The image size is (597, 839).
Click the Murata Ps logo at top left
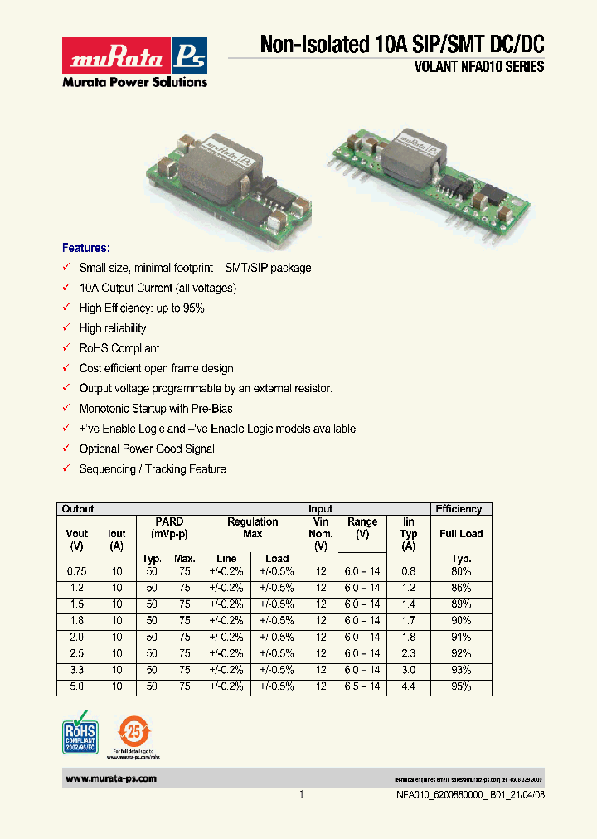point(134,61)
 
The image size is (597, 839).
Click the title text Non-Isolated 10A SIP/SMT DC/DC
point(402,45)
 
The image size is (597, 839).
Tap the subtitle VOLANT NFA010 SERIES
point(478,68)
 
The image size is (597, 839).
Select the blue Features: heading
point(86,248)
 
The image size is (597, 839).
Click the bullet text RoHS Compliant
point(119,348)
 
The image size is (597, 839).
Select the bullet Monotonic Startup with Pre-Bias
point(156,409)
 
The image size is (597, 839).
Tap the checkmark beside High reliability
point(66,328)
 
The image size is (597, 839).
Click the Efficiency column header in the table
point(459,509)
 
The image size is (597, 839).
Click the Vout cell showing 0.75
point(76,572)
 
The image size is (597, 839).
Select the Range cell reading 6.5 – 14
point(362,686)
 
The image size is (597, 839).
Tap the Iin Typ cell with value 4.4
point(409,686)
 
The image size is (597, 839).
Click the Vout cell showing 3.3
point(76,670)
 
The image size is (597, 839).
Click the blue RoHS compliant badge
point(80,732)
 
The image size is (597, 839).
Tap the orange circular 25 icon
point(133,732)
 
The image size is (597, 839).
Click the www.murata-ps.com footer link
point(110,779)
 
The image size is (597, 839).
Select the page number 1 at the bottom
point(301,794)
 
